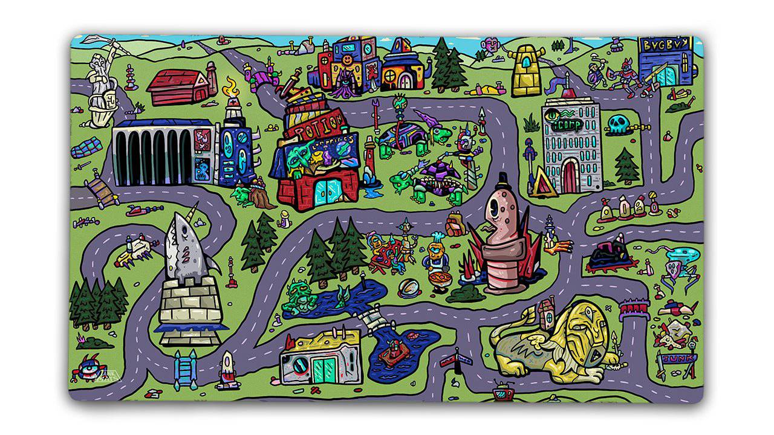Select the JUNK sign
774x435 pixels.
point(674,358)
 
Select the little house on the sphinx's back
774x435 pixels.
point(545,312)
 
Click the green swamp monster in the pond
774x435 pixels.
point(298,295)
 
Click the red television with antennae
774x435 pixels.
point(502,393)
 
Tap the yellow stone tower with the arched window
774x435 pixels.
point(528,71)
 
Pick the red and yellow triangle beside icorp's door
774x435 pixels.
point(542,184)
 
